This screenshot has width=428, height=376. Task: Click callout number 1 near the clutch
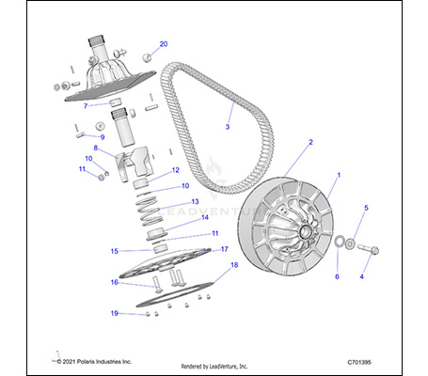point(340,176)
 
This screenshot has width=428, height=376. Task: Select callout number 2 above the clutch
point(309,142)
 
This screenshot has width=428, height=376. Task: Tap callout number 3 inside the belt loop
point(227,126)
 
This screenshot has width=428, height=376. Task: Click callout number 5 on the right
point(367,208)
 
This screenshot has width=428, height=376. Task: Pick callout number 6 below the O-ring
point(337,277)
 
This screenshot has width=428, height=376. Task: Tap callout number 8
point(94,148)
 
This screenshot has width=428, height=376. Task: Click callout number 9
point(102,137)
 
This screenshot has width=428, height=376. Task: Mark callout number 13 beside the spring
point(195,201)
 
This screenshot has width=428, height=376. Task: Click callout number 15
point(114,251)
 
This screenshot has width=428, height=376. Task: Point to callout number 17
point(225,249)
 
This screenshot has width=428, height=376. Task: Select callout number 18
point(234,266)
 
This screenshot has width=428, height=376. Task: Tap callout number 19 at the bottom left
point(115,313)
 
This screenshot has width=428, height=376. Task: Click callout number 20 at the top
point(163,44)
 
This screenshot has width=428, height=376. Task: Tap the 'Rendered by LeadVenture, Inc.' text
point(213,365)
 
